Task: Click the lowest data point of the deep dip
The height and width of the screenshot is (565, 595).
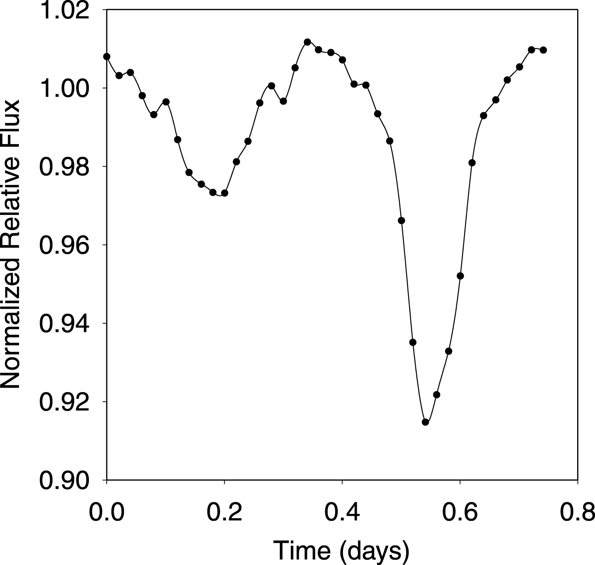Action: [x=426, y=422]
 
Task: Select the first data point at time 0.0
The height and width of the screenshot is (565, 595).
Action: [x=107, y=56]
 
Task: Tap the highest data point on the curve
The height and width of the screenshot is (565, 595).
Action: [x=307, y=42]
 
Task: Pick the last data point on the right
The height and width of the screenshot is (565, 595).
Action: [x=543, y=50]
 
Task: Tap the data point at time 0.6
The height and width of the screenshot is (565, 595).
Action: [x=460, y=276]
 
